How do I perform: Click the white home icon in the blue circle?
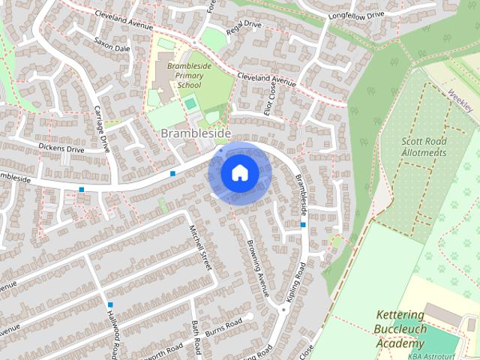[239, 172]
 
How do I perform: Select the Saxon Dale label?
[112, 46]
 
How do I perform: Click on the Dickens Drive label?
[62, 149]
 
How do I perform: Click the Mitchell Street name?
[201, 247]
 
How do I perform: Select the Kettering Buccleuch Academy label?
[400, 329]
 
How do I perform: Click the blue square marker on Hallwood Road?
[110, 304]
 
